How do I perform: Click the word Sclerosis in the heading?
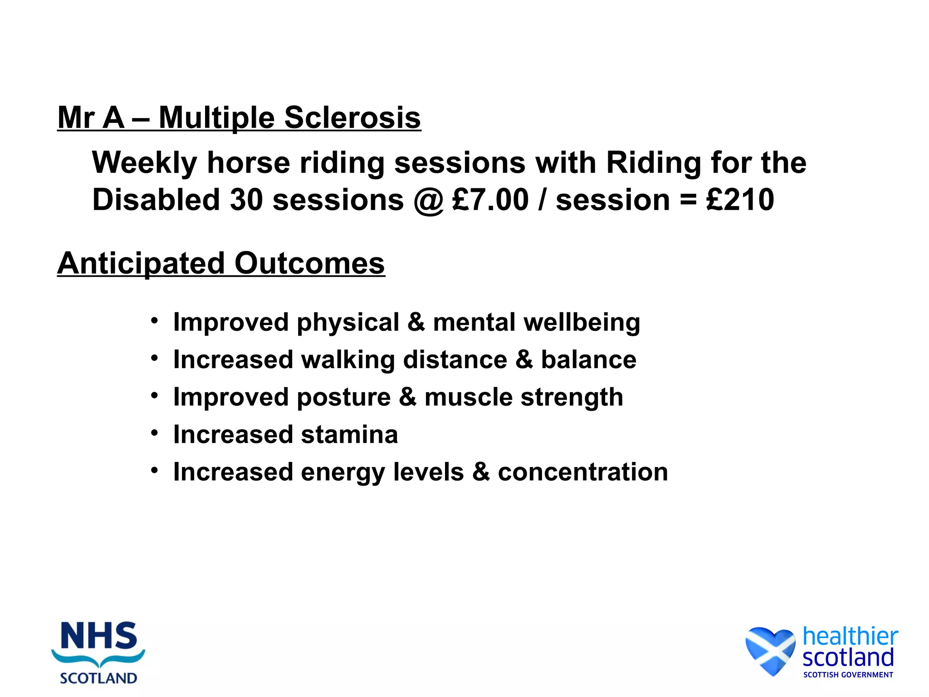coord(352,118)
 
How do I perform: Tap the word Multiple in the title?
coord(217,118)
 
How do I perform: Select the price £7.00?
coord(491,200)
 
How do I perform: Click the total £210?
coord(740,200)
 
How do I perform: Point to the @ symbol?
coord(428,201)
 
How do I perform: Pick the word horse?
coord(248,162)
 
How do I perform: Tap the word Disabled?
coord(156,200)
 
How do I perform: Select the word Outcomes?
coord(310,263)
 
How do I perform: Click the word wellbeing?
coord(582,323)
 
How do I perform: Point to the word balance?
coord(589,360)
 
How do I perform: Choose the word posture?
coord(344,398)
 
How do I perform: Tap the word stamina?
coord(349,435)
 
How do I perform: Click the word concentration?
coord(583,472)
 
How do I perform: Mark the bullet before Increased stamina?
coord(155,433)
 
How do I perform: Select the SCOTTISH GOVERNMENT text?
coord(848,675)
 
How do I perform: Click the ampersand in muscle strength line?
coord(407,398)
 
